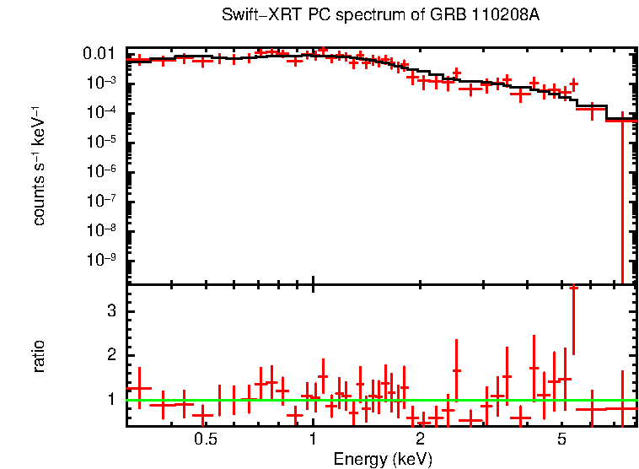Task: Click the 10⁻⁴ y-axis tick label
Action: click(102, 112)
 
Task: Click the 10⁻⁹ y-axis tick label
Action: click(102, 260)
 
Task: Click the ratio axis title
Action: click(39, 356)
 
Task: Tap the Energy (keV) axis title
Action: click(383, 459)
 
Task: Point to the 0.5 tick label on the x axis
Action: click(205, 439)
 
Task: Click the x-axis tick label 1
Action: click(313, 439)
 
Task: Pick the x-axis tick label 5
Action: click(562, 439)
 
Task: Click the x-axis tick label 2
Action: click(420, 439)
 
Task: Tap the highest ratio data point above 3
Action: click(573, 288)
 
